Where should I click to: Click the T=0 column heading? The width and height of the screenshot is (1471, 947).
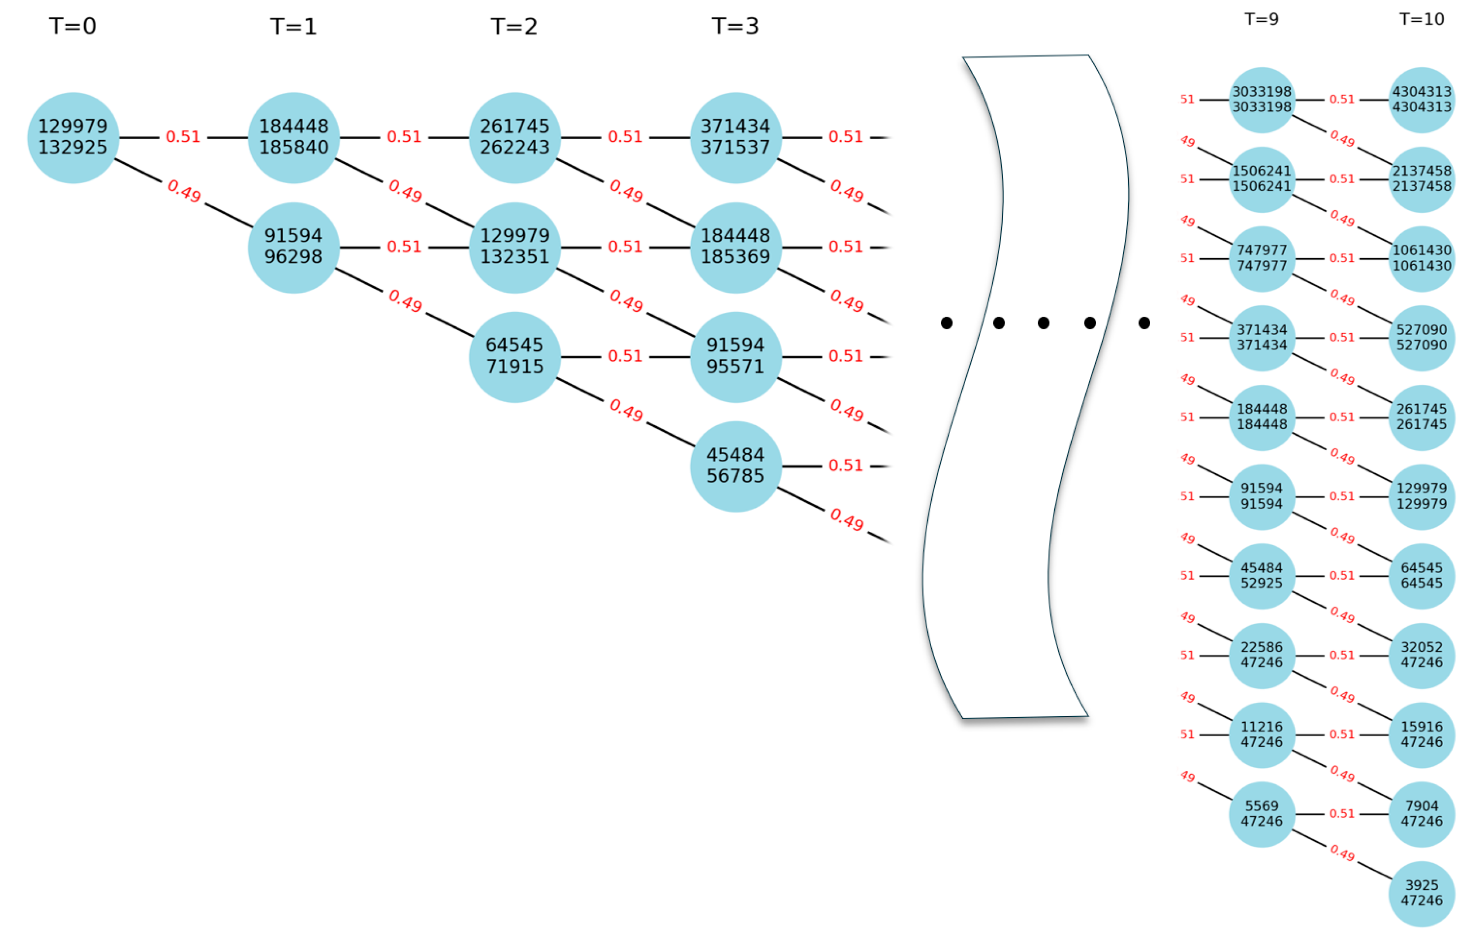72,26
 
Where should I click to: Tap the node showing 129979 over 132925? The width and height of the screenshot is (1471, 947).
72,137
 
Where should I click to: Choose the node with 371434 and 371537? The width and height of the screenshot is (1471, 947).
735,137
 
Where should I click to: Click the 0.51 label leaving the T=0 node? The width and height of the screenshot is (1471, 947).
183,137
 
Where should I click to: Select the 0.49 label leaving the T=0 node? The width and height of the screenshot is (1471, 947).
184,191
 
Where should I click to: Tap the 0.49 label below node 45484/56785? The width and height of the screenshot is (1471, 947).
847,520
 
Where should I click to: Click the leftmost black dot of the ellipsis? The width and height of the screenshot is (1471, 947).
946,323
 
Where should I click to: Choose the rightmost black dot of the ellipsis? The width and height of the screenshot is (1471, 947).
1144,323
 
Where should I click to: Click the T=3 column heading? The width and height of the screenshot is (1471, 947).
735,26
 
